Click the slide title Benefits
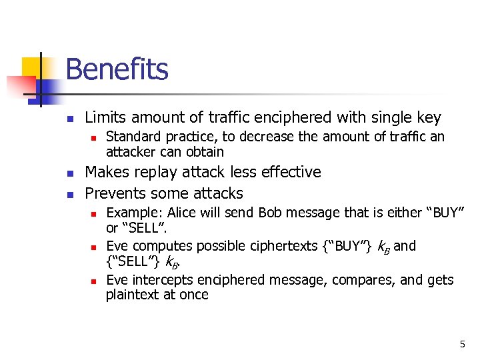(x=117, y=69)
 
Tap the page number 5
(x=462, y=344)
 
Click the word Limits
(x=106, y=118)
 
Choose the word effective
(x=289, y=172)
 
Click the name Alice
(x=181, y=213)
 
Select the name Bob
(x=271, y=213)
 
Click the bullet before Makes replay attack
(x=69, y=173)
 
